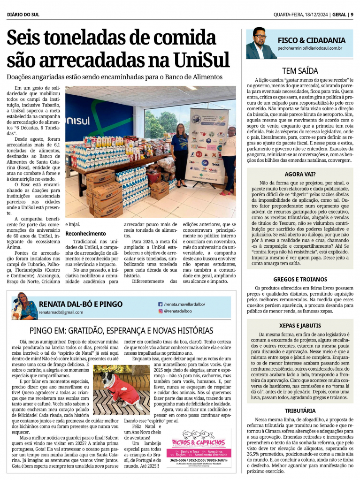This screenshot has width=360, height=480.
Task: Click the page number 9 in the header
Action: click(352, 15)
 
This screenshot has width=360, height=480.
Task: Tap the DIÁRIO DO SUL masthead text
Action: click(23, 15)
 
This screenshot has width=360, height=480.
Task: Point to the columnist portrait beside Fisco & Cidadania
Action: click(261, 43)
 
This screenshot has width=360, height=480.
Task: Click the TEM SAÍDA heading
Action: click(300, 71)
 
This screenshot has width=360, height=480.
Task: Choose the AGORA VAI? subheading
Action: click(300, 174)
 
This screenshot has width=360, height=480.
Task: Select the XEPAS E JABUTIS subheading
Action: click(300, 325)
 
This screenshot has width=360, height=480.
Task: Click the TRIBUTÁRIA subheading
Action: click(300, 410)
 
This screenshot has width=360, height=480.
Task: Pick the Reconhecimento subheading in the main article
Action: click(85, 233)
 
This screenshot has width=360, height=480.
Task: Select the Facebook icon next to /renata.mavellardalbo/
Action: click(161, 304)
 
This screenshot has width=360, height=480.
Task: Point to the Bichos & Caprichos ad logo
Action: click(199, 442)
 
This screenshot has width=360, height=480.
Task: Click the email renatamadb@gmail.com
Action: click(61, 312)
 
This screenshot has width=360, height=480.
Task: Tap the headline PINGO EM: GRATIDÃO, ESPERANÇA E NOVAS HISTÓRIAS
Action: click(121, 330)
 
